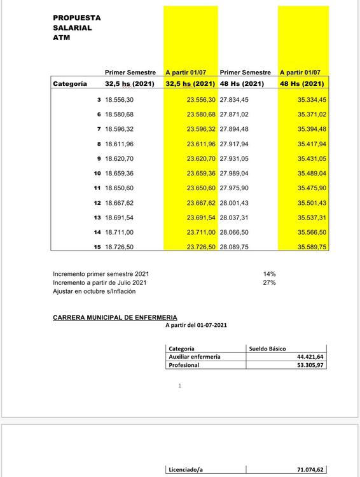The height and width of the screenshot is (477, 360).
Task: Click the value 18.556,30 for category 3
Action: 120,100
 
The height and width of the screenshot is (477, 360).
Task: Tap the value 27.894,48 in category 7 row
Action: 234,129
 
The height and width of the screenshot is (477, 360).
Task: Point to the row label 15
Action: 97,246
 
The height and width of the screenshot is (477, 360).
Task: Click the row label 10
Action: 97,173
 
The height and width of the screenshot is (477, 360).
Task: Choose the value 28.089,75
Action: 234,246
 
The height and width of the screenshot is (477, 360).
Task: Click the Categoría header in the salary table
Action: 70,83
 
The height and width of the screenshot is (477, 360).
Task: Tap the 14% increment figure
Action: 269,273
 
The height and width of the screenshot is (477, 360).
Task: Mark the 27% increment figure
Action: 269,282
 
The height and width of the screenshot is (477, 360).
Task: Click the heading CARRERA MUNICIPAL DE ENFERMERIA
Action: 115,317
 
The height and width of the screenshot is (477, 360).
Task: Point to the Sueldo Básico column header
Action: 267,349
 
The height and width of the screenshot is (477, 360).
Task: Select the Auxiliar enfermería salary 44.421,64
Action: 310,357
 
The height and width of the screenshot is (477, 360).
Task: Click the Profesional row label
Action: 184,365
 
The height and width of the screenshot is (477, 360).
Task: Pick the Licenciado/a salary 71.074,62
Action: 310,470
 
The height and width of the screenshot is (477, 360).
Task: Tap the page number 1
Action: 180,385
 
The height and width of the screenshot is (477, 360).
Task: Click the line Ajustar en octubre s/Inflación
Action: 94,291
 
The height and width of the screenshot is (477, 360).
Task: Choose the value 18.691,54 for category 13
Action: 120,217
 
